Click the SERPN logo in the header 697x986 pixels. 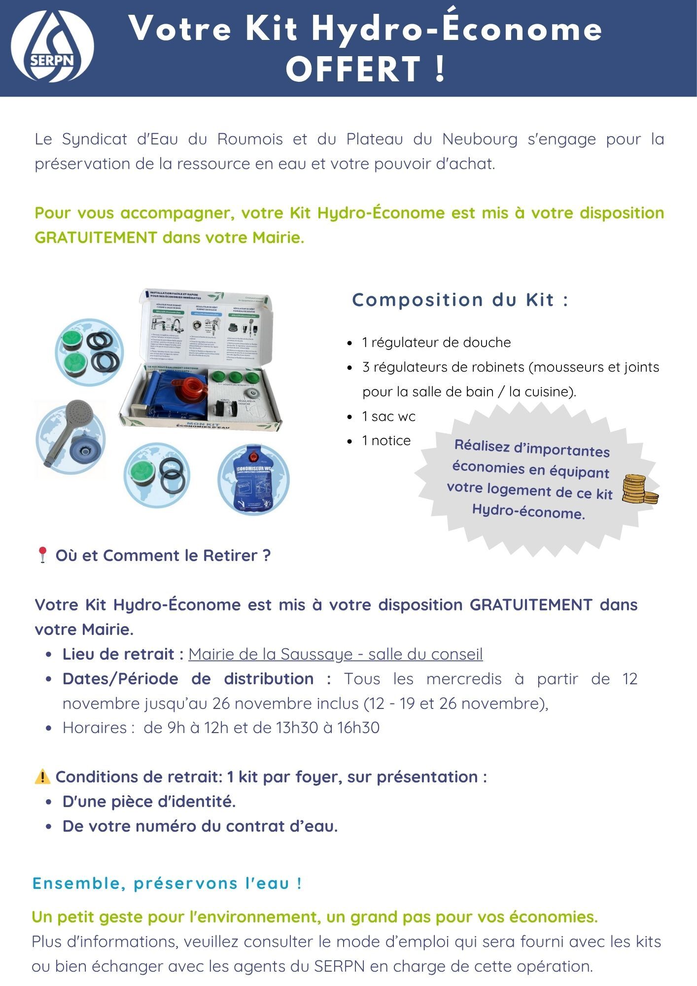(x=52, y=46)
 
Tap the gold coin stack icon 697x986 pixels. (x=639, y=490)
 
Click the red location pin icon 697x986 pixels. (x=42, y=555)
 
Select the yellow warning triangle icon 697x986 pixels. (x=42, y=777)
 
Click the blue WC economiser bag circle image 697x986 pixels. (x=253, y=480)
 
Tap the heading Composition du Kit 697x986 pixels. (x=460, y=300)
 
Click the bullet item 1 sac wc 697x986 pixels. (x=388, y=417)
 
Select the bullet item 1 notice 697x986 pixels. (x=386, y=441)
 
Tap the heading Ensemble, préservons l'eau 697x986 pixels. (x=167, y=883)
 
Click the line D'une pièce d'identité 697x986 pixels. (x=149, y=802)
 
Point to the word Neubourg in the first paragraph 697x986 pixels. (x=480, y=140)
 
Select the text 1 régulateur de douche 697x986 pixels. (x=436, y=343)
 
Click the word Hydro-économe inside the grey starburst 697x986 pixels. (x=528, y=511)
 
